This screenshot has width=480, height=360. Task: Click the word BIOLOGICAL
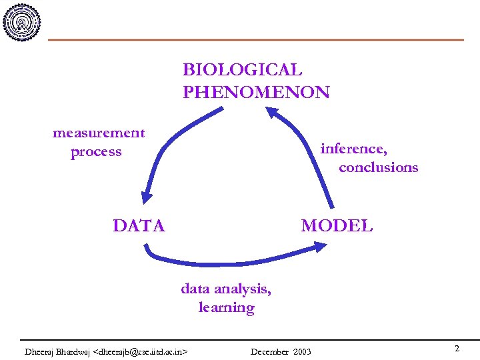click(242, 70)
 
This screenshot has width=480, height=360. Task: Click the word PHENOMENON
click(256, 92)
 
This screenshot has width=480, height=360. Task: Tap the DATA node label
click(139, 226)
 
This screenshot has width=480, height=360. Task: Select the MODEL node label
click(337, 226)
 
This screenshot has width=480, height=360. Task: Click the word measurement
click(99, 133)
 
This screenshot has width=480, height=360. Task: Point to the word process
click(96, 152)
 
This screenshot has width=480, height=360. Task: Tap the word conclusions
click(378, 167)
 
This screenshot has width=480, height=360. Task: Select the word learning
click(226, 308)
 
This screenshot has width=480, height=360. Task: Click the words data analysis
click(226, 289)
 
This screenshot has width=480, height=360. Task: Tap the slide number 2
click(457, 349)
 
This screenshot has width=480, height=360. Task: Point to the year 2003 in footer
click(302, 351)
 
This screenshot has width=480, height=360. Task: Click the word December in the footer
click(269, 351)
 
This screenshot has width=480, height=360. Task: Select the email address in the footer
click(141, 351)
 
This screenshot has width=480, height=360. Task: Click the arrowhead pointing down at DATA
click(147, 197)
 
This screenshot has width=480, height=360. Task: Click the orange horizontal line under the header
click(256, 40)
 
